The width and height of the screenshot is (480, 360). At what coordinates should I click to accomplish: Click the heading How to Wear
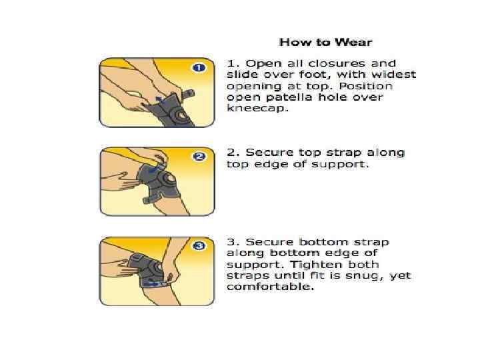pyautogui.click(x=326, y=42)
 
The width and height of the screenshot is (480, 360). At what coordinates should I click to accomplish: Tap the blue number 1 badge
pyautogui.click(x=199, y=67)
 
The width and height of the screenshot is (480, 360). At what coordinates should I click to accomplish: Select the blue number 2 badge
pyautogui.click(x=199, y=157)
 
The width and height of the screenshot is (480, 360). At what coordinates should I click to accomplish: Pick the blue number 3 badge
pyautogui.click(x=199, y=246)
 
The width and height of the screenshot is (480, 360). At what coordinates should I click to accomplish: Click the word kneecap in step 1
pyautogui.click(x=257, y=109)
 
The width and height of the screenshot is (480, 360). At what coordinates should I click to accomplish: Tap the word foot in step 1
pyautogui.click(x=317, y=75)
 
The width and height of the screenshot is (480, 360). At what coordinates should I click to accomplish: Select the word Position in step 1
pyautogui.click(x=365, y=86)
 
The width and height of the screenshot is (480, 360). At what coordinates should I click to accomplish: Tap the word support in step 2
pyautogui.click(x=340, y=165)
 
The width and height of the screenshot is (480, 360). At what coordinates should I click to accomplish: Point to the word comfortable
pyautogui.click(x=270, y=287)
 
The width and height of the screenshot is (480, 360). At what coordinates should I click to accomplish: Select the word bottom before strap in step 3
pyautogui.click(x=323, y=242)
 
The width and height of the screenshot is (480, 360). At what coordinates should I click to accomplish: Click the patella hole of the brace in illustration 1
pyautogui.click(x=180, y=115)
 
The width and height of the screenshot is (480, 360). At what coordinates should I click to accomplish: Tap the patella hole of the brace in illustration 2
pyautogui.click(x=169, y=179)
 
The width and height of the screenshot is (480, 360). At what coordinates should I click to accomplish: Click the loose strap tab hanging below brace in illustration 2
pyautogui.click(x=147, y=200)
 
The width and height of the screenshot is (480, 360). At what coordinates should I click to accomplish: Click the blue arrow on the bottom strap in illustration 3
pyautogui.click(x=151, y=284)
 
